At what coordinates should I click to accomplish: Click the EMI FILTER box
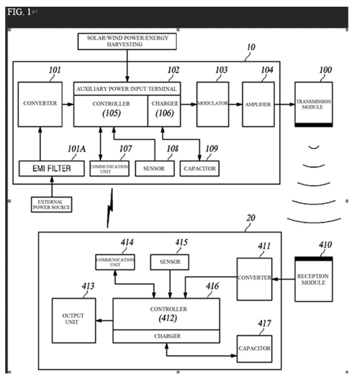[x=51, y=168]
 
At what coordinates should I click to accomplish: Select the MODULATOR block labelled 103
[x=212, y=104]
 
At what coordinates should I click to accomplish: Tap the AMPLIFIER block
[x=258, y=104]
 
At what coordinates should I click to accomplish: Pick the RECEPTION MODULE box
[x=313, y=278]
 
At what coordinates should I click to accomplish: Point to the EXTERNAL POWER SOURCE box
[x=51, y=204]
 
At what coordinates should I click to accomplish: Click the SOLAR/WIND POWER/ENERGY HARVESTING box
[x=126, y=41]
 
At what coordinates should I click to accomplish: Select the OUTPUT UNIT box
[x=73, y=319]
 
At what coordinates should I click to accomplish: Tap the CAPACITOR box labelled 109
[x=199, y=168]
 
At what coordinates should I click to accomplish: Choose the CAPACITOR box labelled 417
[x=254, y=348]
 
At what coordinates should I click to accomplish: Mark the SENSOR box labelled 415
[x=169, y=261]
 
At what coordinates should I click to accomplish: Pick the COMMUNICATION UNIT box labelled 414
[x=115, y=262]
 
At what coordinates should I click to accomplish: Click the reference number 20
[x=251, y=218]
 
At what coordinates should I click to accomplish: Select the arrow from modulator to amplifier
[x=236, y=104]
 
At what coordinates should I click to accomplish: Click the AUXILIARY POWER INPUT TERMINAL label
[x=127, y=89]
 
